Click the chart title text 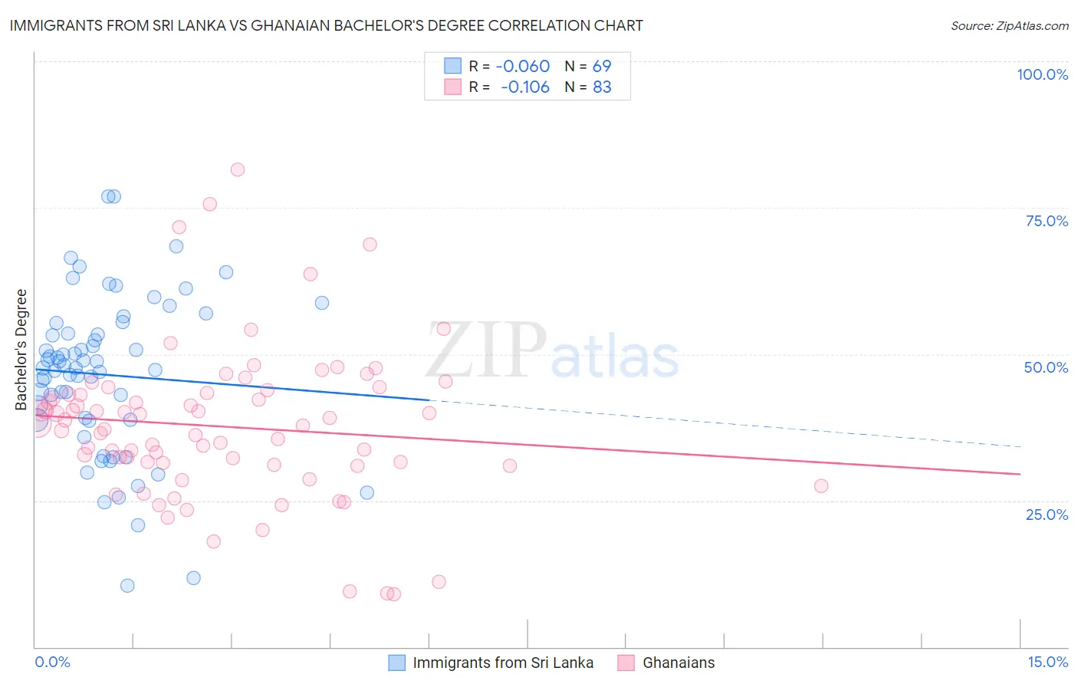click(327, 25)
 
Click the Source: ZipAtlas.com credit click(1009, 25)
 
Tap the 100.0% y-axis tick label click(1042, 74)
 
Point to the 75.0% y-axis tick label click(1047, 221)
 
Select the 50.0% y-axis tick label click(1046, 367)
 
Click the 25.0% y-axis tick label click(1047, 514)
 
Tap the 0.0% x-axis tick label click(52, 662)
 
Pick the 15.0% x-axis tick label click(1047, 662)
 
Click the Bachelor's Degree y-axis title click(21, 349)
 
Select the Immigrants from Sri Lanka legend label click(503, 663)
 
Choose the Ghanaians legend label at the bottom click(679, 663)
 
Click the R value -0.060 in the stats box click(523, 66)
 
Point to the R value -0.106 click(525, 87)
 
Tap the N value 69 click(602, 66)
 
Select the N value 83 click(602, 87)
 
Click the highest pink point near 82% click(238, 169)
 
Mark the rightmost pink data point click(821, 485)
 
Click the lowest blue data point click(127, 585)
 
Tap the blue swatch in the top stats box click(453, 66)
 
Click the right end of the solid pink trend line click(1020, 474)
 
